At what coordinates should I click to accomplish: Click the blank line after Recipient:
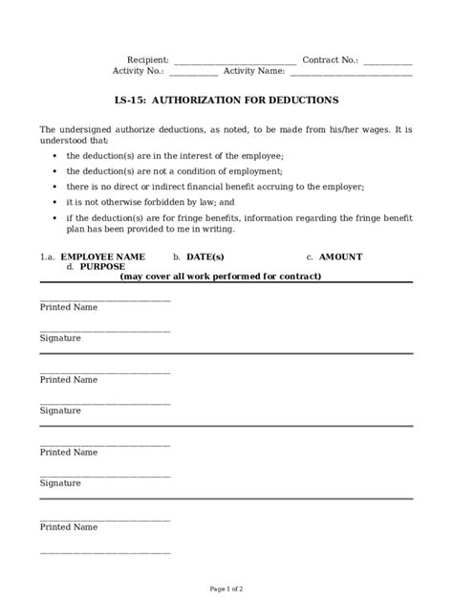click(234, 61)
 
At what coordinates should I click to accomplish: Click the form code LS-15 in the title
click(129, 100)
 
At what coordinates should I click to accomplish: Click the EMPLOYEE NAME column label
click(102, 257)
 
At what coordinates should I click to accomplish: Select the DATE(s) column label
click(205, 257)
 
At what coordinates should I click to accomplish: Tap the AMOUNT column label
click(340, 257)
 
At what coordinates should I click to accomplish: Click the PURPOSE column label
click(102, 267)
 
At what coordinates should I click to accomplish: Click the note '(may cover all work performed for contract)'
click(221, 277)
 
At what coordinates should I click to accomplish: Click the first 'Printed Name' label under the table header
click(69, 308)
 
